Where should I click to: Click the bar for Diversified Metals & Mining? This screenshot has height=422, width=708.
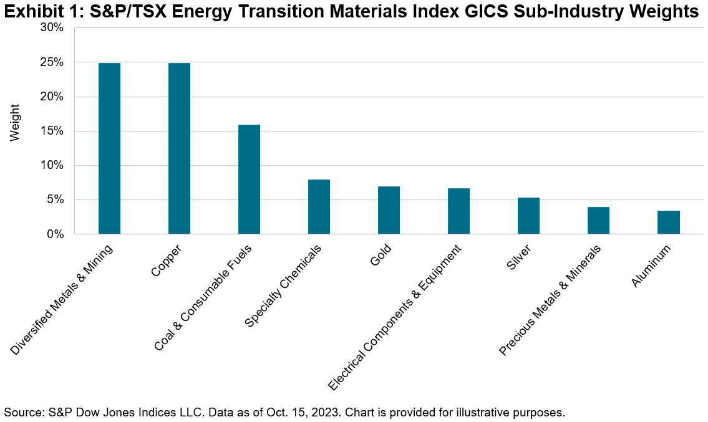coord(109,148)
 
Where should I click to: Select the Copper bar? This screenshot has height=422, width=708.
coord(179,148)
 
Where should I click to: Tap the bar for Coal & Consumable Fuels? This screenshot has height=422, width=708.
coord(249,180)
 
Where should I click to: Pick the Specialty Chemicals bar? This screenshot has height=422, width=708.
coord(319,207)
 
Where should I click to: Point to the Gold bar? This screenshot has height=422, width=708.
coord(389,210)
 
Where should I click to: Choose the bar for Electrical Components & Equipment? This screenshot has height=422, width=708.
coord(458,211)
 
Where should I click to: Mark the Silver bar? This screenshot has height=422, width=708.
coord(528,216)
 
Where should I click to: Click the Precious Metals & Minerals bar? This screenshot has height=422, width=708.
coord(598,221)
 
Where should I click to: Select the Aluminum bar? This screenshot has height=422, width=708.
coord(668,223)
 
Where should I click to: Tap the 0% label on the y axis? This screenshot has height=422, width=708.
coord(54,234)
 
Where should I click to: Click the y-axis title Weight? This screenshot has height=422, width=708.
coord(15,122)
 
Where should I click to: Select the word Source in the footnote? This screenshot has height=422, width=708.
coord(20,412)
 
